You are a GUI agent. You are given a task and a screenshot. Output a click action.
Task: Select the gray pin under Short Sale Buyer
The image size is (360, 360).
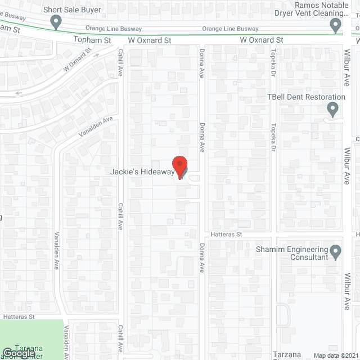coord(56,23)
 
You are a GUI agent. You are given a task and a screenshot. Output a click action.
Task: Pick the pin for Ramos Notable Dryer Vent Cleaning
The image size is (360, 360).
coord(335,25)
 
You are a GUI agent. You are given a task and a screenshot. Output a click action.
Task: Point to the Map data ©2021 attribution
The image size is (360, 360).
coord(335,355)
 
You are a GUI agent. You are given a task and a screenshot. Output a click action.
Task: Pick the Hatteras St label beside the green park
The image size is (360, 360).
coord(20,317)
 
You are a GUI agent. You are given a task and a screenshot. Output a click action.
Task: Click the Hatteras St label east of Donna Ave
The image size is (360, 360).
coord(226,234)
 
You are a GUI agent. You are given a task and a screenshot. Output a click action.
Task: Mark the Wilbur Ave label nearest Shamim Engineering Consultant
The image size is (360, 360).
coord(346,292)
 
